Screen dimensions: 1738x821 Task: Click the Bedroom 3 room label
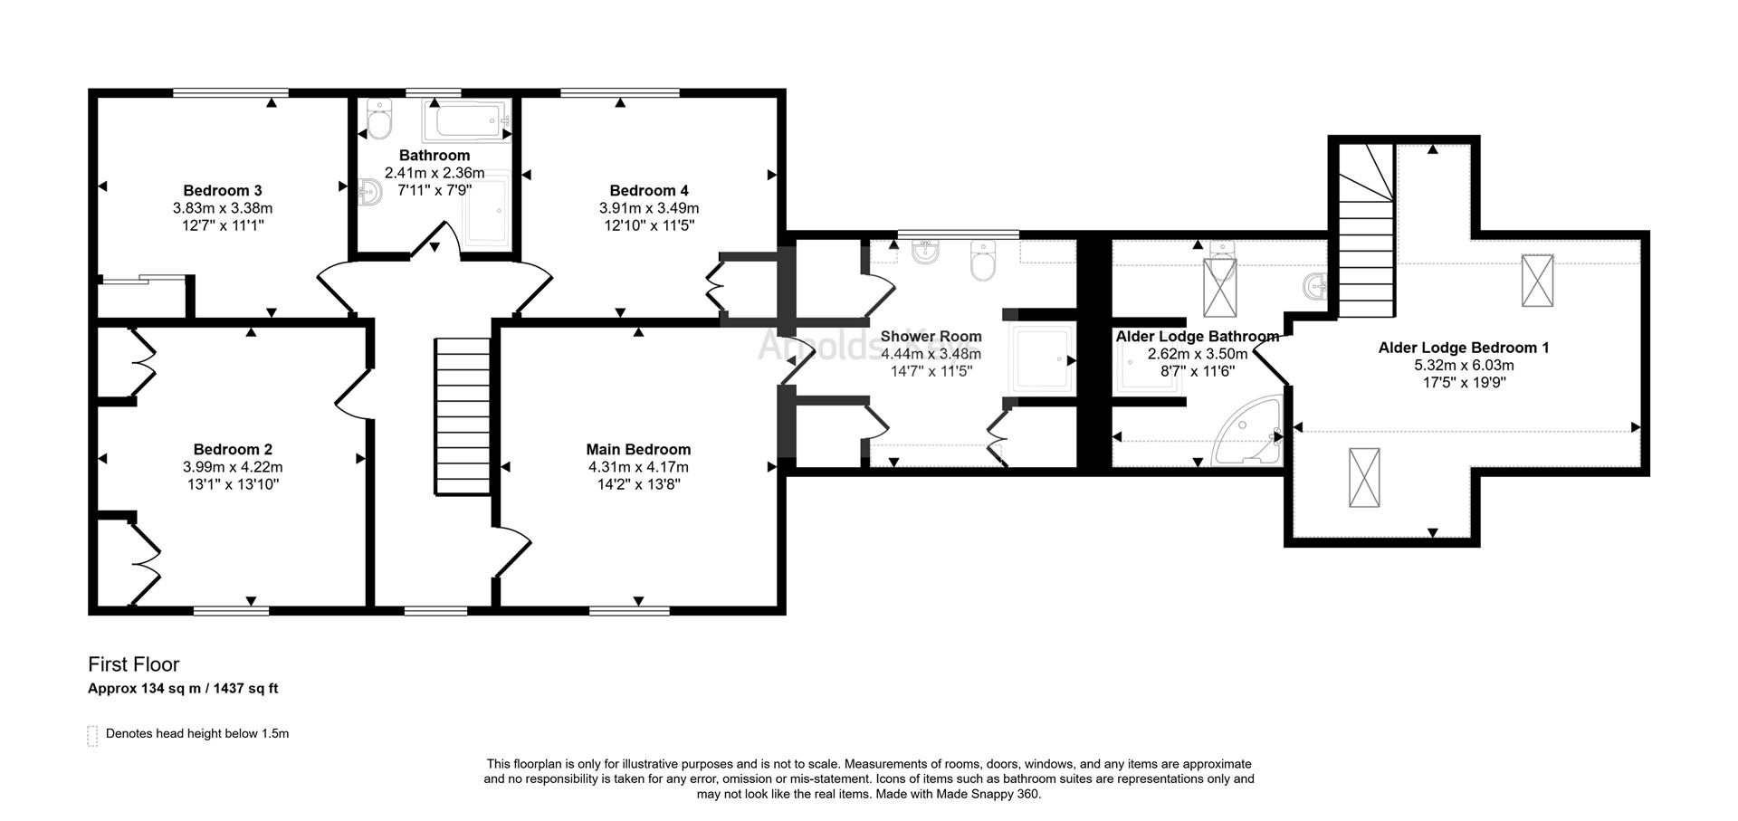pyautogui.click(x=223, y=190)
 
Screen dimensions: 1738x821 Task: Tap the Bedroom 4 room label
pyautogui.click(x=649, y=190)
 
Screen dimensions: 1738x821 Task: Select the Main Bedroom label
pyautogui.click(x=638, y=449)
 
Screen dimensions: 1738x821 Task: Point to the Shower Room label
pyautogui.click(x=931, y=337)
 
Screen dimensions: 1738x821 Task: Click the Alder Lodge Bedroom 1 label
pyautogui.click(x=1464, y=348)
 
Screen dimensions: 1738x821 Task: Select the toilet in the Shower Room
pyautogui.click(x=983, y=260)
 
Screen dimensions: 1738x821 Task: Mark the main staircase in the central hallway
pyautogui.click(x=463, y=416)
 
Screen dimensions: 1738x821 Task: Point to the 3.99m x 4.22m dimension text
pyautogui.click(x=233, y=467)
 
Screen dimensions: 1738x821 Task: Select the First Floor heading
pyautogui.click(x=134, y=665)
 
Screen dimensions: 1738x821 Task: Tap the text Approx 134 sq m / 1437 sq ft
pyautogui.click(x=183, y=689)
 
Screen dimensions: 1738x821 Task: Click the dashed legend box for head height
pyautogui.click(x=92, y=735)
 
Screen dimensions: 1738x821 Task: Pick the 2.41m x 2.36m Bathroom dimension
pyautogui.click(x=434, y=173)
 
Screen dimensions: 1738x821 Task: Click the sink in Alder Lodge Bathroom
pyautogui.click(x=1315, y=288)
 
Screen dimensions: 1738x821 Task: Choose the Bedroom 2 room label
pyautogui.click(x=233, y=449)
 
